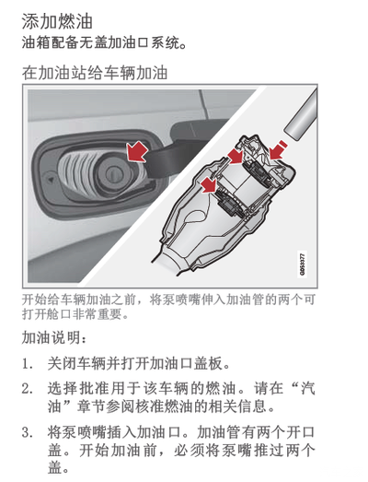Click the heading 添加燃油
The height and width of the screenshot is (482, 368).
coord(57,21)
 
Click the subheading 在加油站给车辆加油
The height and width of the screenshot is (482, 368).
coord(95,73)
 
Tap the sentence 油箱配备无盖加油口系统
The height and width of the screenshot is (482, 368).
coord(104,42)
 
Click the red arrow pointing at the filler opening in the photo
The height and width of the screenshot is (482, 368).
coord(137,151)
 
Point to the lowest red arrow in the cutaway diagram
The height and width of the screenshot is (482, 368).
coord(209,184)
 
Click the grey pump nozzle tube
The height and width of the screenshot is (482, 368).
coord(302,116)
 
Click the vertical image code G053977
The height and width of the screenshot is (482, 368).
coord(302,265)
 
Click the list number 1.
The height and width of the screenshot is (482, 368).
coord(28,364)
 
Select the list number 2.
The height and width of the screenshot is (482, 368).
coord(28,389)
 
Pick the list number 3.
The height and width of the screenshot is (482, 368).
coord(28,432)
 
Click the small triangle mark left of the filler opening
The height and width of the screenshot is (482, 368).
coord(51,179)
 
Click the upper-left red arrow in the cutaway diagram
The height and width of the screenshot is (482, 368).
coord(236,156)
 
